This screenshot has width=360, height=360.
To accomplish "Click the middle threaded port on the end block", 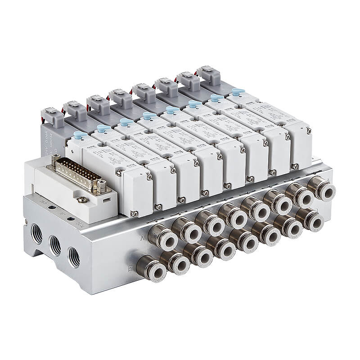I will coord(55,245).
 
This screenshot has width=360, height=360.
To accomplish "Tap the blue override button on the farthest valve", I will coord(238,92).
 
